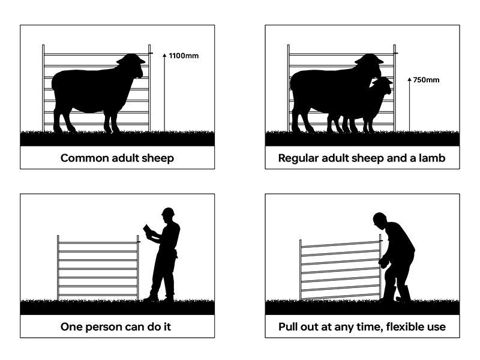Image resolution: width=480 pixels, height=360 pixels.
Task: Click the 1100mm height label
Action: pyautogui.click(x=183, y=56)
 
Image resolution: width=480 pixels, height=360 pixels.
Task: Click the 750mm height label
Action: pyautogui.click(x=427, y=80)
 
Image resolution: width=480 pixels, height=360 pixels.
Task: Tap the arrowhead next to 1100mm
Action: pyautogui.click(x=164, y=55)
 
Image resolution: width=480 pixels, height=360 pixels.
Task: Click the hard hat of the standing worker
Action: pyautogui.click(x=168, y=212)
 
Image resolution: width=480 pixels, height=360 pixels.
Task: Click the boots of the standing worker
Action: pyautogui.click(x=159, y=297)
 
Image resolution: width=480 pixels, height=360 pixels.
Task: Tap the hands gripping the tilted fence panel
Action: pyautogui.click(x=382, y=262)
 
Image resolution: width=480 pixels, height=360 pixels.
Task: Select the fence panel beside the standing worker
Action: pyautogui.click(x=98, y=268)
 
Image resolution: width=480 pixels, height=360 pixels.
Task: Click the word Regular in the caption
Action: pyautogui.click(x=298, y=158)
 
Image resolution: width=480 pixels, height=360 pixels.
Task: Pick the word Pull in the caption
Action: pyautogui.click(x=288, y=327)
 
